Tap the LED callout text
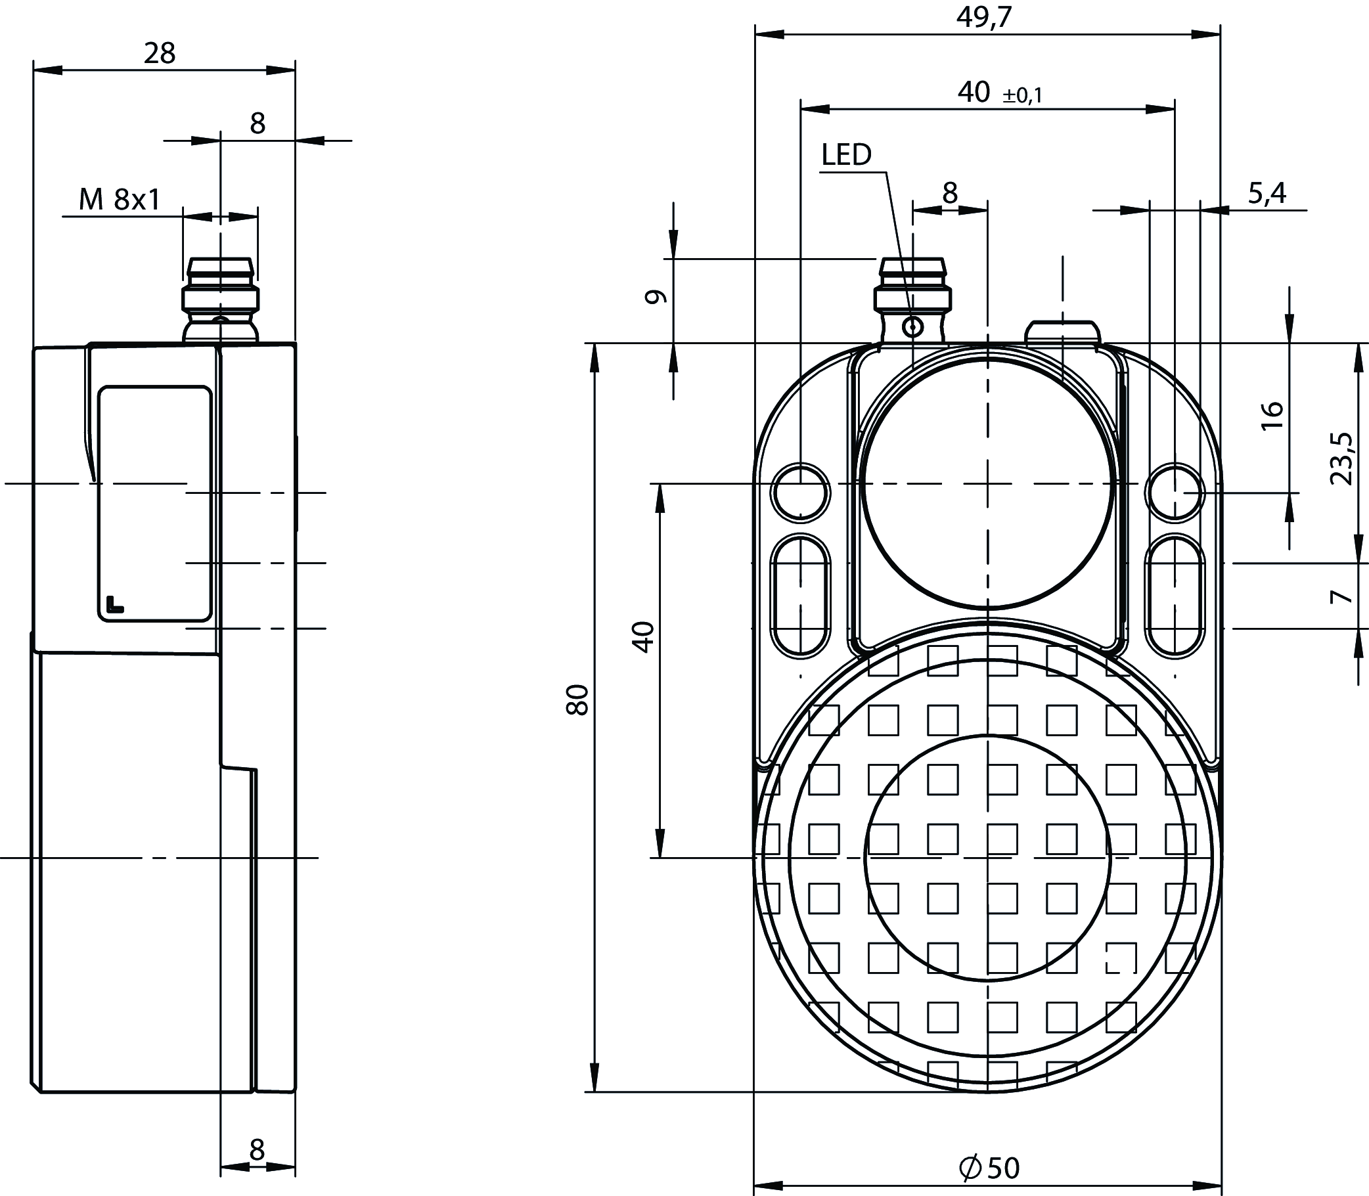click(845, 155)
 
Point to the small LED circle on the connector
click(912, 327)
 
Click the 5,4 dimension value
click(1267, 193)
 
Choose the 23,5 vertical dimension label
click(1341, 458)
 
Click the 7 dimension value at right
click(1341, 596)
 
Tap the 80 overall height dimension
click(577, 699)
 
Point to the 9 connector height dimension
click(656, 297)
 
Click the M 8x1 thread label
click(120, 199)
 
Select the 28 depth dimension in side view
click(160, 53)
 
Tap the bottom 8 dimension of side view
click(257, 1150)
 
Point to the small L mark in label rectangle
click(114, 604)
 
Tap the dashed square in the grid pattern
click(1121, 959)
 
